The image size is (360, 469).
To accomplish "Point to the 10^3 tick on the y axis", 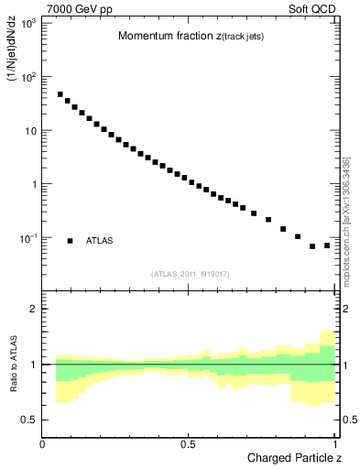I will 27,21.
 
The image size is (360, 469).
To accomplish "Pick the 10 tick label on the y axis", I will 30,130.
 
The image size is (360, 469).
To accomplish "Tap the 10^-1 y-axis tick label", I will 27,238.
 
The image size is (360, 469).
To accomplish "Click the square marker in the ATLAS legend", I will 70,241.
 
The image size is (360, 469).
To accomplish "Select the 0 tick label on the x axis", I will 43,444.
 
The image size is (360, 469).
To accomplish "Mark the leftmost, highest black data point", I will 60,94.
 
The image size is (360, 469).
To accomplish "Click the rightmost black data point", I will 327,245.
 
